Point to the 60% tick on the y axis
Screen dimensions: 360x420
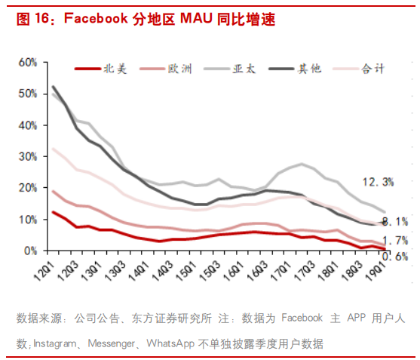pyautogui.click(x=28, y=62)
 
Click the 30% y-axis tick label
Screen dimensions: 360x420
pyautogui.click(x=28, y=156)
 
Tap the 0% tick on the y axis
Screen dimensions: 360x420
pyautogui.click(x=30, y=251)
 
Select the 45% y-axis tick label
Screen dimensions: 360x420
pyautogui.click(x=28, y=109)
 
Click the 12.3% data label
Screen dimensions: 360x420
pyautogui.click(x=378, y=182)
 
